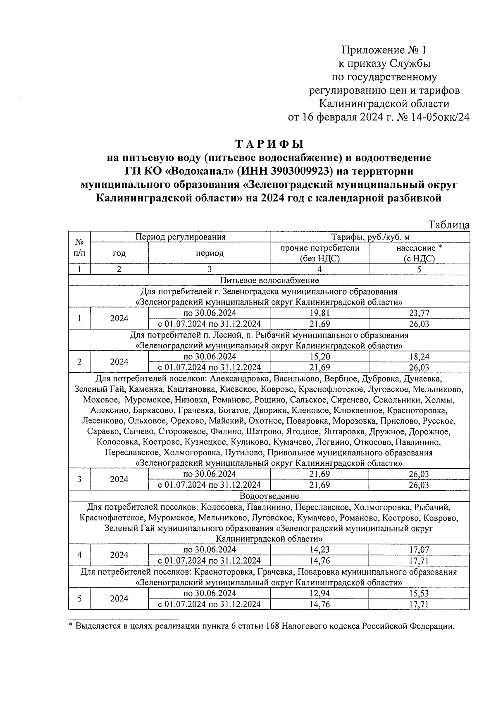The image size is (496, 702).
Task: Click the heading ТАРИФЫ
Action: click(269, 144)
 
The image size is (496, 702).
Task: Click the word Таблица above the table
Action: click(449, 225)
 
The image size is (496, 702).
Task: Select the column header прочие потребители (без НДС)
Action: click(320, 253)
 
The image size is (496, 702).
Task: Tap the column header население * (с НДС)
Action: click(419, 253)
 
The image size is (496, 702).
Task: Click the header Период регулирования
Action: click(181, 237)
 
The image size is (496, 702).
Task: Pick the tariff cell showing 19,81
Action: click(320, 313)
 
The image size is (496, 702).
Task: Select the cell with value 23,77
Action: click(419, 313)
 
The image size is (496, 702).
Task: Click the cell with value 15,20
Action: click(320, 357)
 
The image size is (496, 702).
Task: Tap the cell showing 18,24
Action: click(419, 357)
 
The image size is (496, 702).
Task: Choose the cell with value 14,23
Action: click(320, 550)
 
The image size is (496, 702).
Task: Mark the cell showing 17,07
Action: click(419, 550)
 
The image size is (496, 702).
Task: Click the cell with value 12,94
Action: click(320, 593)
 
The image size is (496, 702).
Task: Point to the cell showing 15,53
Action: click(419, 593)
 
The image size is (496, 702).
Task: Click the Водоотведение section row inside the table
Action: click(269, 496)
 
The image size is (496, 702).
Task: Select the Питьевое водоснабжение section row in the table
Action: click(269, 280)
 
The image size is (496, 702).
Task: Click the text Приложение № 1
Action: click(383, 50)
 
